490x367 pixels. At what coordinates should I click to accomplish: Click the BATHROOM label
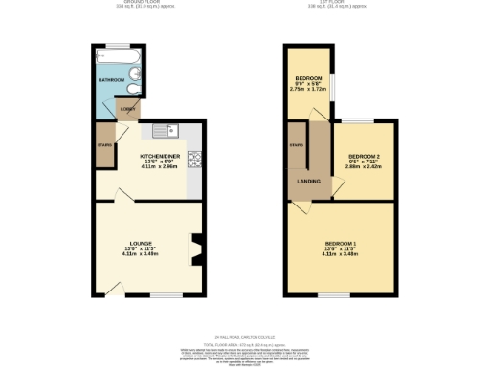click(111, 80)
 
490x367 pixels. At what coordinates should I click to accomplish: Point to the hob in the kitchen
click(194, 160)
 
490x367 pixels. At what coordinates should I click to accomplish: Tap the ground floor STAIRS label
click(104, 144)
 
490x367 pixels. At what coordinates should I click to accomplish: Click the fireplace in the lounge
click(196, 248)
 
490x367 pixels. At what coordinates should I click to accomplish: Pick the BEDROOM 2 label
click(364, 156)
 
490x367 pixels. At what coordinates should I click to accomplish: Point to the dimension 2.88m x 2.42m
click(364, 167)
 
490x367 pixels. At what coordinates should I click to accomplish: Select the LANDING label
click(309, 181)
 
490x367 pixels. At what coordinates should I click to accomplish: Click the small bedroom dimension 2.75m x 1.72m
click(309, 88)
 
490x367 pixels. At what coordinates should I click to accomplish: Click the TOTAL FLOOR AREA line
click(245, 343)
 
